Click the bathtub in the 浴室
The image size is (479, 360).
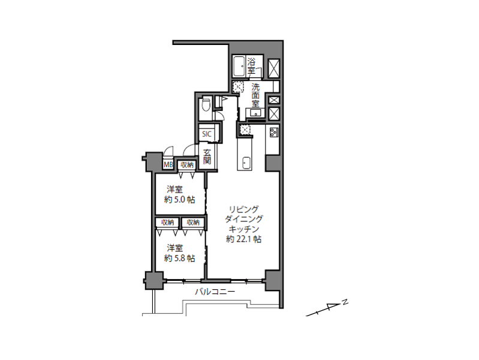(x=239, y=66)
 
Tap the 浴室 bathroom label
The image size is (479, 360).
(x=251, y=66)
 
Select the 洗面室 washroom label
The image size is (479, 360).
(x=255, y=95)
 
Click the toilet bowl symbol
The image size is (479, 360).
(x=206, y=104)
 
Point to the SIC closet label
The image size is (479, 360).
(x=206, y=134)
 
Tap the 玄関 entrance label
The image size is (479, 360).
(x=207, y=157)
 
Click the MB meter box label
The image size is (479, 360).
(x=168, y=165)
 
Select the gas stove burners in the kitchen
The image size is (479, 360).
(x=273, y=132)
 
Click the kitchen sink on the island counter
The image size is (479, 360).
(x=246, y=162)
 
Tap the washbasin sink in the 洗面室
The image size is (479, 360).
(x=256, y=113)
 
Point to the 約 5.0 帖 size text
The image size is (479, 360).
(x=180, y=200)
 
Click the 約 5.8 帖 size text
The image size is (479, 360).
(x=180, y=259)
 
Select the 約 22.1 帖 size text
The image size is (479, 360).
(x=244, y=239)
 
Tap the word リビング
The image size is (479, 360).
(x=244, y=209)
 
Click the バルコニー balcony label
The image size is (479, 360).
(x=215, y=292)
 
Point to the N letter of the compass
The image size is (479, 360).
(x=345, y=302)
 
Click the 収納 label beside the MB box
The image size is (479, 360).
(x=187, y=165)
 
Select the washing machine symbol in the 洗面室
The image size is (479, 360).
(x=238, y=87)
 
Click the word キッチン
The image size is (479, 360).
(x=244, y=229)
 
